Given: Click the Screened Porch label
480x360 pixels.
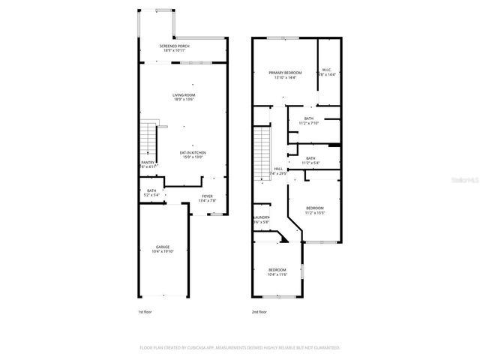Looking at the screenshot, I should pyautogui.click(x=173, y=47).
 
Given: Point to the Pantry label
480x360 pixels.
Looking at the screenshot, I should pyautogui.click(x=148, y=163).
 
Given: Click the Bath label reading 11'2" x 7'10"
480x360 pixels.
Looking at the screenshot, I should pyautogui.click(x=308, y=120).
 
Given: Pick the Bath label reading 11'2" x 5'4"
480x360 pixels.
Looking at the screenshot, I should pyautogui.click(x=310, y=160).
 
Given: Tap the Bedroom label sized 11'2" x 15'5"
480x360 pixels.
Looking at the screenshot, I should pyautogui.click(x=315, y=210).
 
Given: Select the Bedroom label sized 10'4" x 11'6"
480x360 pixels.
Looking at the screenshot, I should pyautogui.click(x=277, y=271).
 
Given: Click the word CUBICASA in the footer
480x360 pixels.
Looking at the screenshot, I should pyautogui.click(x=193, y=347).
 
